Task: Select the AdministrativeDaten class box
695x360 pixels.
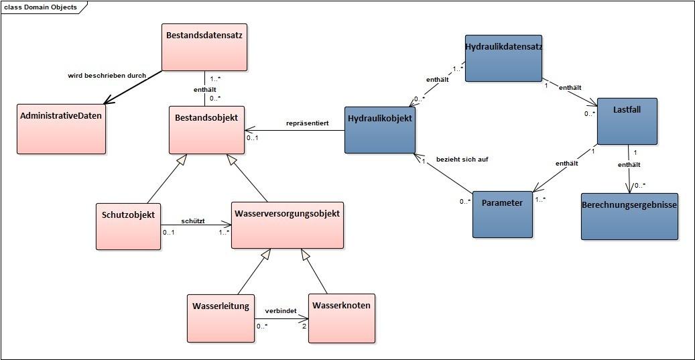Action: coord(62,129)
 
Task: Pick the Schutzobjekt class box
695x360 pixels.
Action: coord(128,226)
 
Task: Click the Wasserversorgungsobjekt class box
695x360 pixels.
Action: coord(287,225)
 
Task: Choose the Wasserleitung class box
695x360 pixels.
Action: coord(220,317)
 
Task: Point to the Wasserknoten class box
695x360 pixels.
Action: coord(341,317)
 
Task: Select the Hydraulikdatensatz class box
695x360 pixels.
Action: coord(503,58)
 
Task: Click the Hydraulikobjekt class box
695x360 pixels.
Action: coord(380,129)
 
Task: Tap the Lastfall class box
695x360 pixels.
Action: coord(627,121)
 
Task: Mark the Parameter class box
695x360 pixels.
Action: coord(502,214)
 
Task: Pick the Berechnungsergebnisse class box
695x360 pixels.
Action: coord(629,216)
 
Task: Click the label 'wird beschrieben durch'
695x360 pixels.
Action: coord(107,75)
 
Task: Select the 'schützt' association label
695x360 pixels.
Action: coord(193,221)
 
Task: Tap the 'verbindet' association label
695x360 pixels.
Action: coord(281,311)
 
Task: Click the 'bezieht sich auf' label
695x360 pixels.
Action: coord(462,160)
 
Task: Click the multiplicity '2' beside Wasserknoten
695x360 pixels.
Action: coord(304,326)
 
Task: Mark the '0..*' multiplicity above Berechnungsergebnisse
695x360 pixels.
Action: coord(641,185)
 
